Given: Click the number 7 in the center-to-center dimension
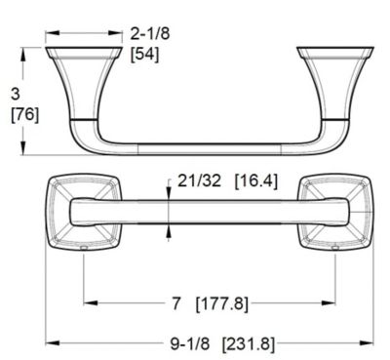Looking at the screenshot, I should point(175,303).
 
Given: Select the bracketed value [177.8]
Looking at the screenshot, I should point(222,303).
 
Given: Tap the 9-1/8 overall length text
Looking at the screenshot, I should point(189,342).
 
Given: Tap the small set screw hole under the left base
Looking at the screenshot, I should point(84,249).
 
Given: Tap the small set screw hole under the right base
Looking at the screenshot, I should point(334,249).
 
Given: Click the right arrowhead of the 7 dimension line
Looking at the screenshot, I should point(331,303).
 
